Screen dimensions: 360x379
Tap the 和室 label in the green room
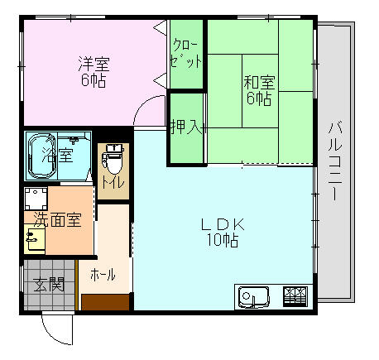[x=259, y=82]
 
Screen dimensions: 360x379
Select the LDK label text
[x=223, y=224]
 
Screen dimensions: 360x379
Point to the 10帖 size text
[x=223, y=241]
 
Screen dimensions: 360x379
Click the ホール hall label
[x=103, y=274]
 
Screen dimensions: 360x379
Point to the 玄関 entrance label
[x=49, y=285]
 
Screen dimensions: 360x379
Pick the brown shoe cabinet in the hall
[x=105, y=302]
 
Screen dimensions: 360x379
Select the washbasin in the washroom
[x=34, y=239]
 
